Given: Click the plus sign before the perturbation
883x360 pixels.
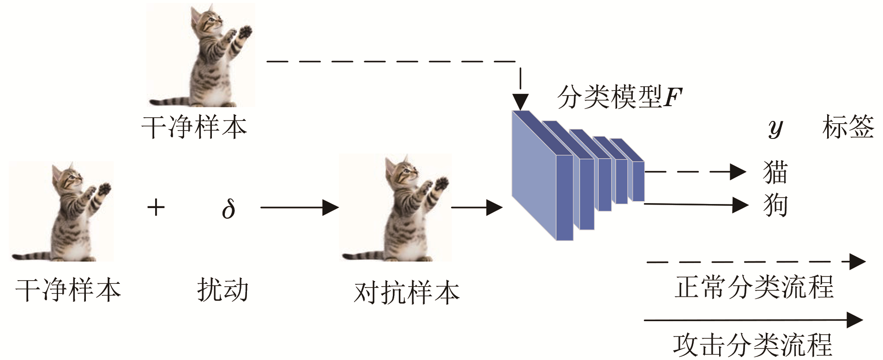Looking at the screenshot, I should [156, 207].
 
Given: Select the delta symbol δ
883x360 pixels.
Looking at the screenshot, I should [228, 208].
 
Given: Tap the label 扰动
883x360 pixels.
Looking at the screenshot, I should [223, 290].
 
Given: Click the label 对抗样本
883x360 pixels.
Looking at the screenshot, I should [407, 293].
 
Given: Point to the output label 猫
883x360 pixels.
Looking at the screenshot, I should [775, 172].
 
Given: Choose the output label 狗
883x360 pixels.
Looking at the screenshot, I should [775, 205].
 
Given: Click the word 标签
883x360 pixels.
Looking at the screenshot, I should [848, 127].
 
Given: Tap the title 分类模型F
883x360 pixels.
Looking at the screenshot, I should [619, 97].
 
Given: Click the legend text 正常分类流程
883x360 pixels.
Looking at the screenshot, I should [754, 287].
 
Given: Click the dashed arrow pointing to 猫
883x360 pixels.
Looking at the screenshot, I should [695, 172].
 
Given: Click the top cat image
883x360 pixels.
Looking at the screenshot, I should [201, 55].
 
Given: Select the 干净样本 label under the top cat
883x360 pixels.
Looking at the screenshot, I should [194, 127].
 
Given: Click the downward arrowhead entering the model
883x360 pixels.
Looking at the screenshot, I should [521, 102].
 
